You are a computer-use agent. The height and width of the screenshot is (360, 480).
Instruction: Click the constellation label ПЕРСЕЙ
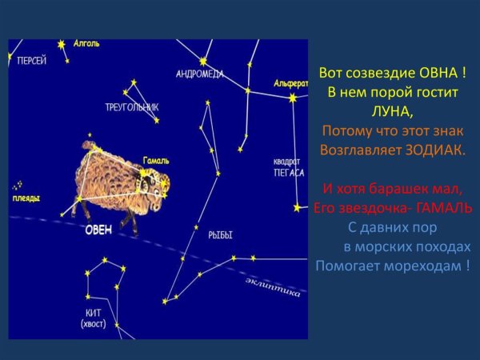(x=32, y=60)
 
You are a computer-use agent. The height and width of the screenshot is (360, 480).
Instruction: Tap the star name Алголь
(x=86, y=43)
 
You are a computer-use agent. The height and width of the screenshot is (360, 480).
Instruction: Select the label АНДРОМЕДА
(x=199, y=74)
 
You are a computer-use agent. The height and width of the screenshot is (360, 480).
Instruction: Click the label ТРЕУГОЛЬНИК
(x=131, y=107)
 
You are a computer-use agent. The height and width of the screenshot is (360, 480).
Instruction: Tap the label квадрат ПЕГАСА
(x=289, y=166)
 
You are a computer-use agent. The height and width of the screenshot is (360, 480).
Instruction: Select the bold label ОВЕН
(x=98, y=229)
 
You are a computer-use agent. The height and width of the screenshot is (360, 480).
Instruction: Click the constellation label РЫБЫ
(x=220, y=235)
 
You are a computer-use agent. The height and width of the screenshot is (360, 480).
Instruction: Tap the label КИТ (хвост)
(x=94, y=318)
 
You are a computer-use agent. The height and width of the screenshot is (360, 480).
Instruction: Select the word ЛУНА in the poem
(x=392, y=111)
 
